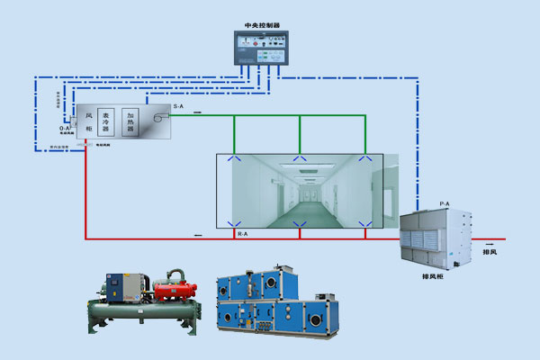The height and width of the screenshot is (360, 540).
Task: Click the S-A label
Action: tap(177, 107)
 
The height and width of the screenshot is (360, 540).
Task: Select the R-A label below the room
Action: tap(241, 234)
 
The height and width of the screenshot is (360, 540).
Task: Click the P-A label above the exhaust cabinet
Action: tap(444, 205)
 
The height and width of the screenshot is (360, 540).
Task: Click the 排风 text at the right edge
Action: tap(490, 251)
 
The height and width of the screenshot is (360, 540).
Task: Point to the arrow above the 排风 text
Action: tap(489, 242)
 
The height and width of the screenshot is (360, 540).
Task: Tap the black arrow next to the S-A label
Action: tap(196, 112)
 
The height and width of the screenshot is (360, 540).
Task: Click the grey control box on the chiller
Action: tap(117, 287)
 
